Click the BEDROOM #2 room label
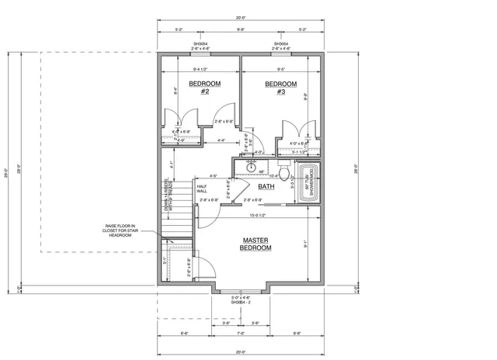point(205,87)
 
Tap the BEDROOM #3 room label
point(280,87)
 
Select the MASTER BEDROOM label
point(255,244)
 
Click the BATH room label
point(266,186)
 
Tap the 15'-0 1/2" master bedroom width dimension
point(259,215)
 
